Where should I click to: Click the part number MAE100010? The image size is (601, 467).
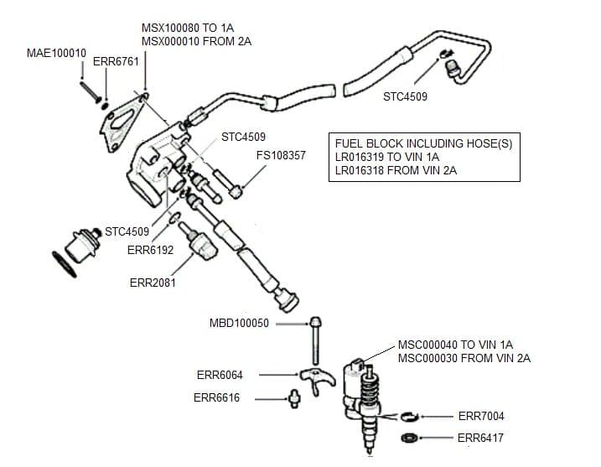[x=56, y=53]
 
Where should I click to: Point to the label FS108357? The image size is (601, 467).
[x=281, y=156]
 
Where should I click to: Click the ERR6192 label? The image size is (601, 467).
[x=150, y=250]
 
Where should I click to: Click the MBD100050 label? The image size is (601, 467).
[x=239, y=324]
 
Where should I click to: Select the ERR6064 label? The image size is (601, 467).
[x=220, y=375]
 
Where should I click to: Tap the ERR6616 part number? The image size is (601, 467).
[x=216, y=398]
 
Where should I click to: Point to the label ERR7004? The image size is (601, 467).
[x=481, y=416]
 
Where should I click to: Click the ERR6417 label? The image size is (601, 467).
[x=480, y=438]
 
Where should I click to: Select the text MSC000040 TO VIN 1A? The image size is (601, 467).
[x=455, y=345]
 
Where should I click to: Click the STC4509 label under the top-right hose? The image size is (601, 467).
[x=405, y=96]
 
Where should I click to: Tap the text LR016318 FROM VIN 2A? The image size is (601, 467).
[x=396, y=171]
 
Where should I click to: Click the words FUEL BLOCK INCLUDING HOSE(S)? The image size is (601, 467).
[x=423, y=143]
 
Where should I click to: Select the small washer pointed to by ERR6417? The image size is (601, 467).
[x=411, y=438]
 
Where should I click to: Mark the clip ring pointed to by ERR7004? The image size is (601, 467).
[x=407, y=416]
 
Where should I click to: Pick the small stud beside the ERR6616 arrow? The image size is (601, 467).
[x=294, y=398]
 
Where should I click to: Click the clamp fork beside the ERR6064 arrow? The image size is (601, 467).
[x=319, y=376]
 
